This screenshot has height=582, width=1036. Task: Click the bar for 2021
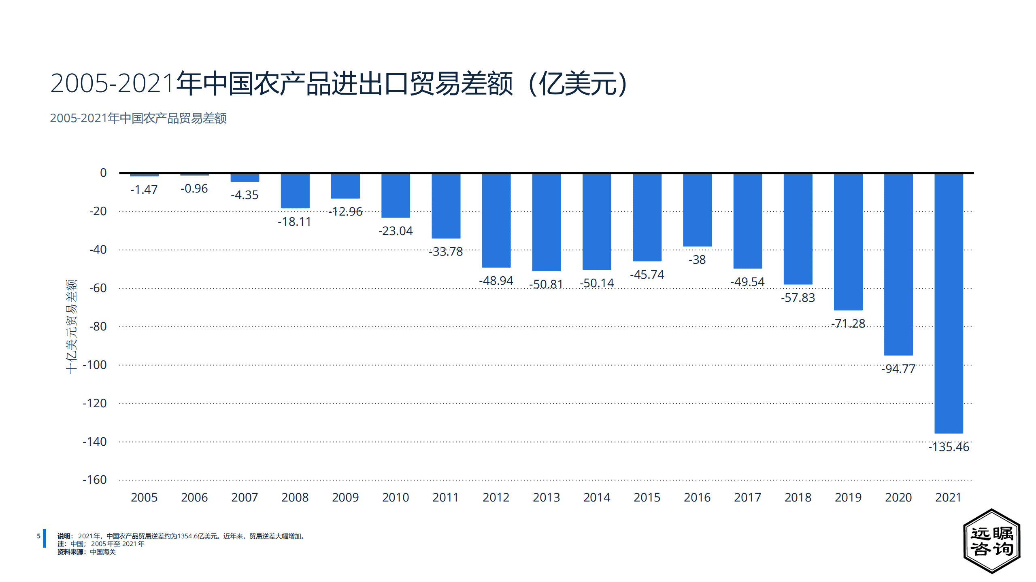948,303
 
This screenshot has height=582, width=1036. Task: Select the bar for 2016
697,210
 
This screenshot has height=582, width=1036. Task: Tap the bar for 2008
295,191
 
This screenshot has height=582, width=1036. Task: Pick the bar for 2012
496,220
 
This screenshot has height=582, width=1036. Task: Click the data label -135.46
948,447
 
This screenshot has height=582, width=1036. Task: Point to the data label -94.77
898,369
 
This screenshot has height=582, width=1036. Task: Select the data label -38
697,260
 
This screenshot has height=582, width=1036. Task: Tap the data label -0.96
194,188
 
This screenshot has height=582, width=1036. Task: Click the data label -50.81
546,284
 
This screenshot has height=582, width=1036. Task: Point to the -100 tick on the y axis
95,365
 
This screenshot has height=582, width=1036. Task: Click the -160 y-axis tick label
95,480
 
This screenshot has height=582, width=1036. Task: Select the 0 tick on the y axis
103,173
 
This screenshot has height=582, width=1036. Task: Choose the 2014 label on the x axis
596,497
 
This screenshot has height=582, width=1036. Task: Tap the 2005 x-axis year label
144,497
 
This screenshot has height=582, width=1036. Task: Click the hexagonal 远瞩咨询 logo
991,541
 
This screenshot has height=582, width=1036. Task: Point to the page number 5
38,536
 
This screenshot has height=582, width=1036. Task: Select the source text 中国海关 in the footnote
102,552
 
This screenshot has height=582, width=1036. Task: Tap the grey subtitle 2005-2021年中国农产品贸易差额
138,118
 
